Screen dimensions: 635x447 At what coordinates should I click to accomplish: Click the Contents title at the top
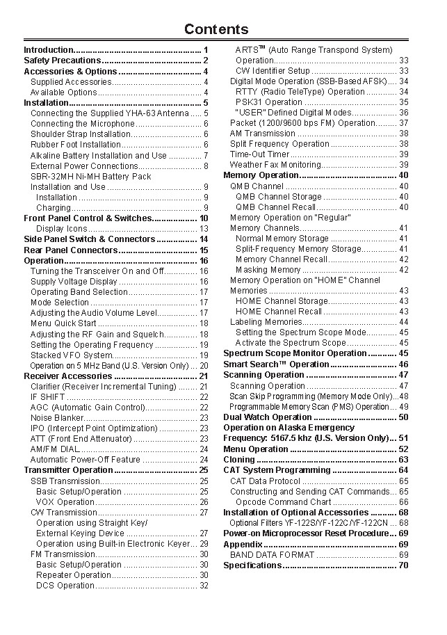(216, 29)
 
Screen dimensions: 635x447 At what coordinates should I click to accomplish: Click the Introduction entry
(49, 50)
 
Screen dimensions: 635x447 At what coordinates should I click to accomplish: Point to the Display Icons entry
(62, 229)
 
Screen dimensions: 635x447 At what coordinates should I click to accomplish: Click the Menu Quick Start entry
(63, 323)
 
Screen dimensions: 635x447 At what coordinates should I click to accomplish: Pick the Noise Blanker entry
(57, 418)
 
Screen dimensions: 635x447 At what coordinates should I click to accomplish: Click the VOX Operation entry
(65, 502)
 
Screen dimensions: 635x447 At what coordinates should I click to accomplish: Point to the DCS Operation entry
(65, 586)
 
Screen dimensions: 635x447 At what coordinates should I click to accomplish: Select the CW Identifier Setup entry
(273, 71)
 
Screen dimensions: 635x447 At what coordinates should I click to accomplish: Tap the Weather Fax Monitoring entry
(275, 165)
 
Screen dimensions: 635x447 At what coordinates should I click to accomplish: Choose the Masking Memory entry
(268, 270)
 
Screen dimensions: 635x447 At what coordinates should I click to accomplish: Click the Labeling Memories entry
(266, 322)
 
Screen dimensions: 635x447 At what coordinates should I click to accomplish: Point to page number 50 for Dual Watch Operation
(403, 417)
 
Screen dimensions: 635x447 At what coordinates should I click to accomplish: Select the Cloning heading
(239, 460)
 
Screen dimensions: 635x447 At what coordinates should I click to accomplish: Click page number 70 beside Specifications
(403, 565)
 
